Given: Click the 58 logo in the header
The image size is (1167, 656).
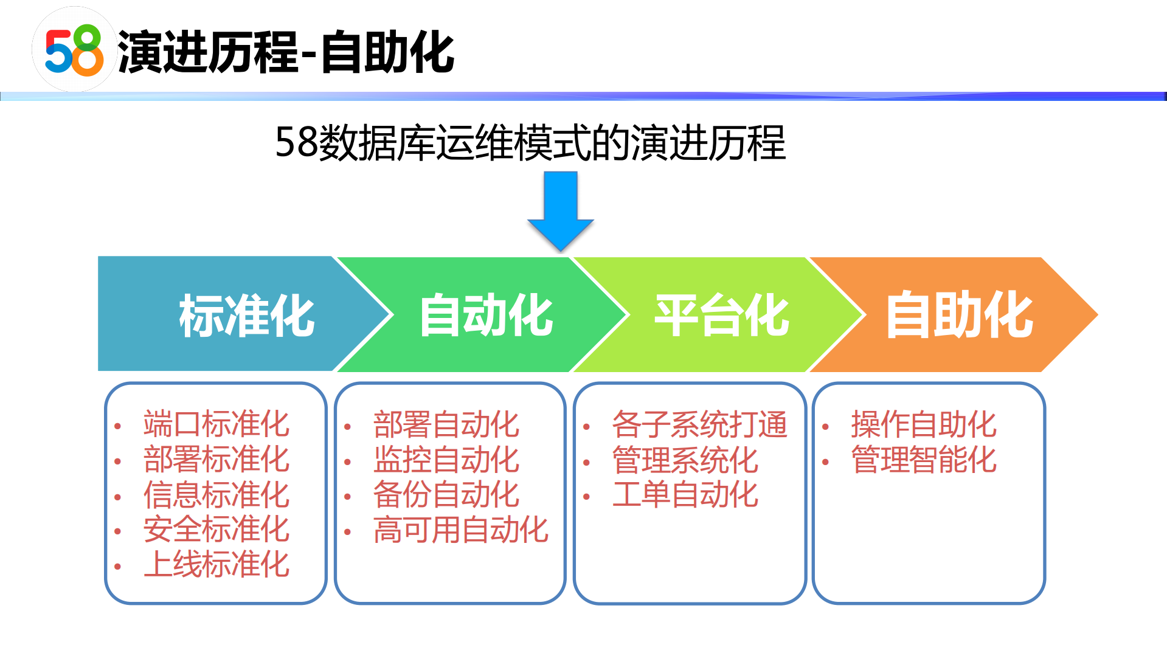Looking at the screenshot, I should click(74, 50).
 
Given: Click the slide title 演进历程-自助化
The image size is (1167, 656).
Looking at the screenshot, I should click(286, 52).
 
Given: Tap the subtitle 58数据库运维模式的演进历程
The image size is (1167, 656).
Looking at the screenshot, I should click(530, 143).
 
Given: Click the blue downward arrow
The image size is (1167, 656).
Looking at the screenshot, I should click(560, 210).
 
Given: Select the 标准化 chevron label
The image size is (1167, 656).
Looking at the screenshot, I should click(246, 315).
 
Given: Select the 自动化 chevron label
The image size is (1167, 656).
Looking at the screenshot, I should click(486, 315).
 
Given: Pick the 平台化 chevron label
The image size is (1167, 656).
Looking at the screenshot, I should click(721, 315).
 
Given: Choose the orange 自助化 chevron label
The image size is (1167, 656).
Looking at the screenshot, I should click(959, 315).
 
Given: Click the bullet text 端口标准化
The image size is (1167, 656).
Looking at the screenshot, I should click(216, 424).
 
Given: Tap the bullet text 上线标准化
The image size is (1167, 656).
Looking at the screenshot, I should click(216, 564).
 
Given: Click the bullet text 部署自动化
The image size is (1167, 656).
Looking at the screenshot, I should click(446, 424).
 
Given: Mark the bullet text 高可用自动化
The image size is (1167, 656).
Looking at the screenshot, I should click(460, 530).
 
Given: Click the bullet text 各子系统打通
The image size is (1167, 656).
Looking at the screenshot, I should click(699, 424).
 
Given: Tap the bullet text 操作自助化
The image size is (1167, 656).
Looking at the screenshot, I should click(923, 424).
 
